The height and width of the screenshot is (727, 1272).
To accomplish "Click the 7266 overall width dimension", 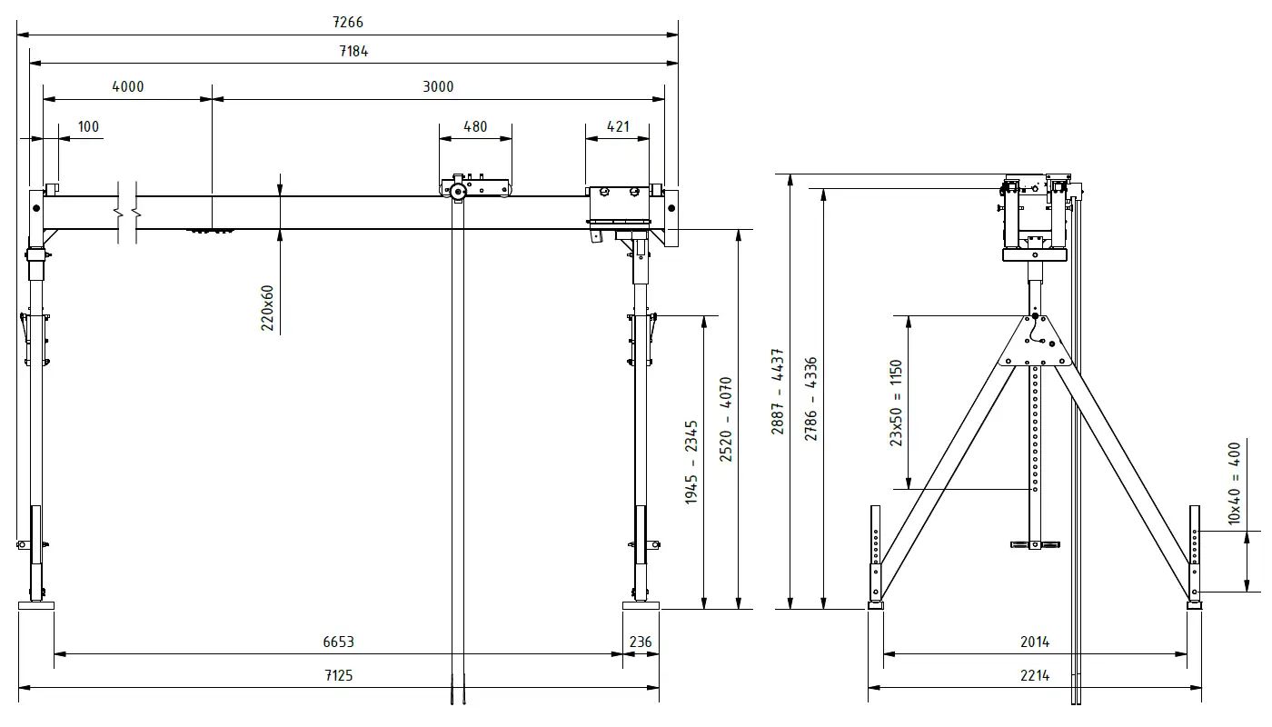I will click(x=348, y=22).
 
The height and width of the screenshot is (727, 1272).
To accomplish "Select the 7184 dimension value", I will click(x=353, y=51).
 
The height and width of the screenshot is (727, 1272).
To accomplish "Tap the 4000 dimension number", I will click(x=127, y=86).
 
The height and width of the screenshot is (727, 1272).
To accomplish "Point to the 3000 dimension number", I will click(x=438, y=86).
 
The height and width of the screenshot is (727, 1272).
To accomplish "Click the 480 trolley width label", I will click(x=474, y=126).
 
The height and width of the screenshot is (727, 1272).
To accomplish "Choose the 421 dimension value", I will click(x=617, y=126).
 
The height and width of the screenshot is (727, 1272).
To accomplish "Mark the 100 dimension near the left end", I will click(x=88, y=126).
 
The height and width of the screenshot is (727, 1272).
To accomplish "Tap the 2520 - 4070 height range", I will click(x=726, y=419).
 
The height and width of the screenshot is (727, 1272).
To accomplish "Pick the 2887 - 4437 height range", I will click(x=778, y=391).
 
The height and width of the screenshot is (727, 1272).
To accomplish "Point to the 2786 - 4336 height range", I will click(x=810, y=398).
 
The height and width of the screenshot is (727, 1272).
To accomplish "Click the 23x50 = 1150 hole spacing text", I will click(x=896, y=402).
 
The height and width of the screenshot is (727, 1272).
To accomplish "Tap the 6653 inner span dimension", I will click(x=338, y=642).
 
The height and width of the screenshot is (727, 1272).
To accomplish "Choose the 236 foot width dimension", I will click(x=641, y=642).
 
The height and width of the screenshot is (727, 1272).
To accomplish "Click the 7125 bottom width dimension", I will click(x=338, y=675).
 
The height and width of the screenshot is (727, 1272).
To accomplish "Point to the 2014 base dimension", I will click(x=1034, y=642).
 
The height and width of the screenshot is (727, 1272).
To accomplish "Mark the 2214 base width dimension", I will click(x=1034, y=675).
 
